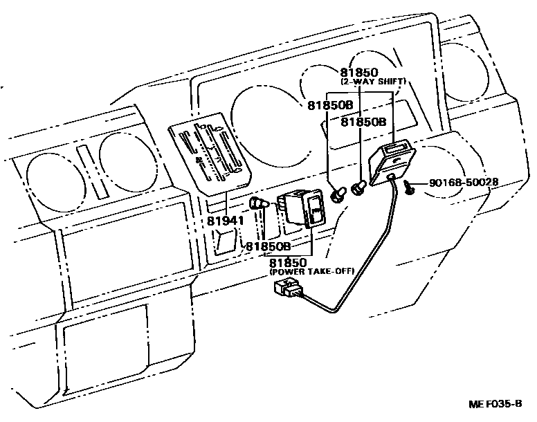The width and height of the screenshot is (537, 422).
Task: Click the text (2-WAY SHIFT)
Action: coord(372,81)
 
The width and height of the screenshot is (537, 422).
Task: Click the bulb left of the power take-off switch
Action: coord(259,205)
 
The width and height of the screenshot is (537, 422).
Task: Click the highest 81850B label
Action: coord(331,105)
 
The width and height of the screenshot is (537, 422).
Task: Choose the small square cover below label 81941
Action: coord(224,243)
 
